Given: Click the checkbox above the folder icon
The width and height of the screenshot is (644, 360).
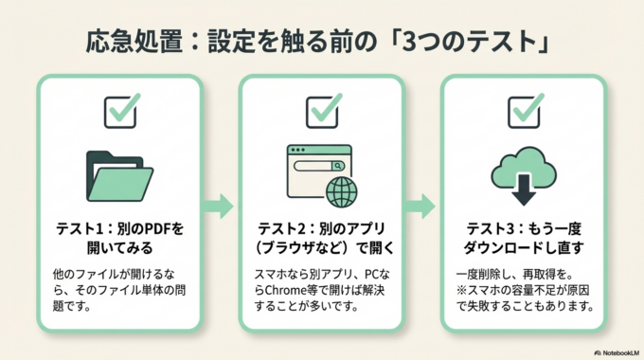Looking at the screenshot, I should [x=120, y=111].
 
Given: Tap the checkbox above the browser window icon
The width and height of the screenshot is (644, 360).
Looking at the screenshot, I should [x=323, y=111].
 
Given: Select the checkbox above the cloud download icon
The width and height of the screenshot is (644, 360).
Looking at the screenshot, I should [x=524, y=111].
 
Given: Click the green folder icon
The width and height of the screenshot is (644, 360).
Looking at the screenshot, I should [x=119, y=176].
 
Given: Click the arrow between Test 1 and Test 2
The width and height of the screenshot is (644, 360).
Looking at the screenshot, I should [x=221, y=205].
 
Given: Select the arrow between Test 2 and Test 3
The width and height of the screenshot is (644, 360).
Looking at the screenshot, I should [x=422, y=205].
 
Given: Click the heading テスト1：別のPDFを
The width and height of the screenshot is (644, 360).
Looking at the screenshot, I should [x=119, y=230].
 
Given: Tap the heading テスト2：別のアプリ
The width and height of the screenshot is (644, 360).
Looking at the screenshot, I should [x=321, y=230].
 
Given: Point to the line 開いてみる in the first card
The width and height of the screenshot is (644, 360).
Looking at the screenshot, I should [x=119, y=248].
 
